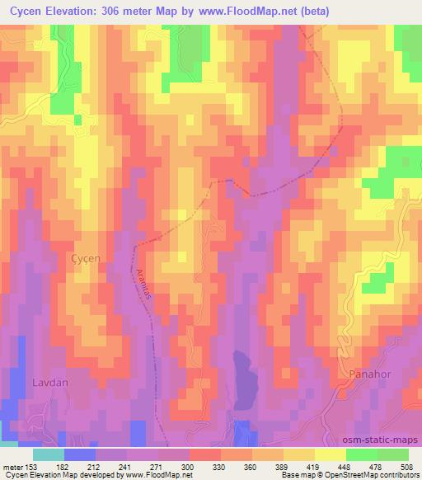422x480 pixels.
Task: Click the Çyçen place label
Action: [x=83, y=258]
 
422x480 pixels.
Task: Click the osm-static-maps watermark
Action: [x=382, y=440]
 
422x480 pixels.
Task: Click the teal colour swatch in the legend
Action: [x=48, y=454]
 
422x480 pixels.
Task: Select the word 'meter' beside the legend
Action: [x=11, y=466]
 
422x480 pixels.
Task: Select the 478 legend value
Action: [x=377, y=466]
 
